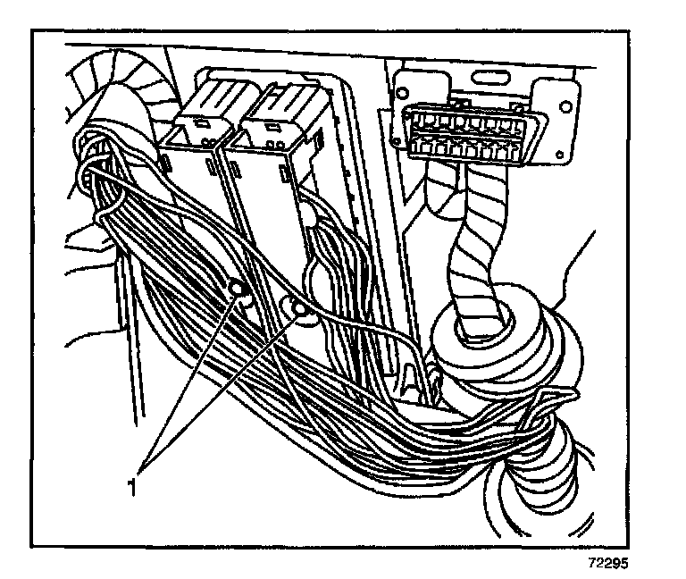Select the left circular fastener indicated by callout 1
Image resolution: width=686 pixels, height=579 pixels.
coord(238,288)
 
